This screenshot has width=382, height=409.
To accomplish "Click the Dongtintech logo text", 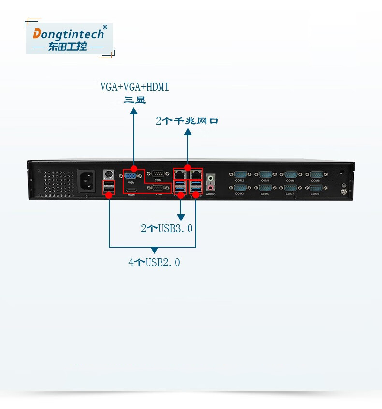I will tap(68, 34).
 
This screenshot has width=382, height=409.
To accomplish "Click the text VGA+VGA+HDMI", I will tap(134, 87).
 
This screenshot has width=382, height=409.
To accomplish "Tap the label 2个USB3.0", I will tap(167, 228).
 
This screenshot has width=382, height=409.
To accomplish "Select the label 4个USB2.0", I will tap(154, 263).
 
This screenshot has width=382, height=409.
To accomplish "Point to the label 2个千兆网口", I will tap(187, 121).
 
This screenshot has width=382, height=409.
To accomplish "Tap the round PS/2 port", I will tap(109, 173).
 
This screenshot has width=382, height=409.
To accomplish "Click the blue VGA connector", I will tap(131, 176).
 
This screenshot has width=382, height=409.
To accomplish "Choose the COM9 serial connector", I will tap(315, 188).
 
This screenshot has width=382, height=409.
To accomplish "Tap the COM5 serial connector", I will tap(265, 188).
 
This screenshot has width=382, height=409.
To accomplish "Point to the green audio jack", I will tap(210, 177).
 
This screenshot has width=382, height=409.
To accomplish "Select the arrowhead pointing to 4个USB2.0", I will tap(154, 250).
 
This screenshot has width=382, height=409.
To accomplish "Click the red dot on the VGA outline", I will tap(134, 167).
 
